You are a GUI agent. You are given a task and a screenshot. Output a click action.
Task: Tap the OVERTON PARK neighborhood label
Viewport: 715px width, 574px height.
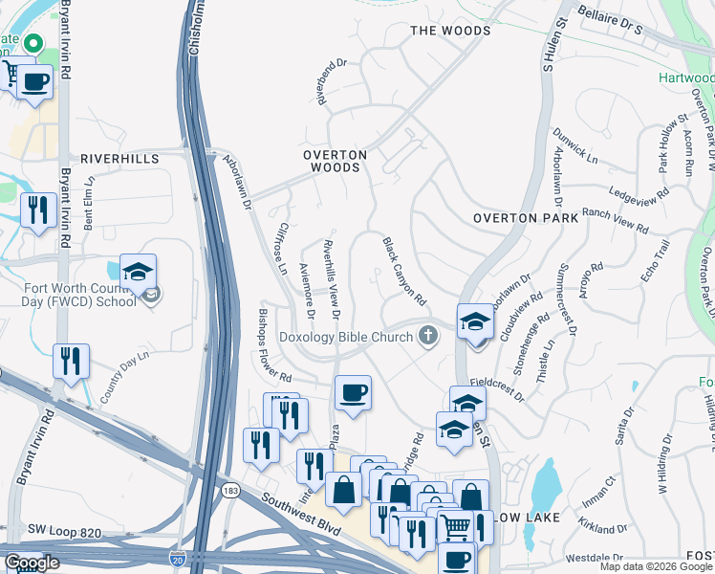[x=526, y=218]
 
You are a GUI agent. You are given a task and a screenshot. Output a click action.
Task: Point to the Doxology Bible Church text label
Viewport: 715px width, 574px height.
[x=345, y=336]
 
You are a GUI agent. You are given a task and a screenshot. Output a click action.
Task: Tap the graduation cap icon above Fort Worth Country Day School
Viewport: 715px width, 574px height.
[x=138, y=270]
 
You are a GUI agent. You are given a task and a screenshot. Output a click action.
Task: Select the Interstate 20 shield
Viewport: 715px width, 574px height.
[x=177, y=557]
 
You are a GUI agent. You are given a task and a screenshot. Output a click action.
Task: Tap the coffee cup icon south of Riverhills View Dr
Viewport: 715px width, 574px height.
[x=353, y=391]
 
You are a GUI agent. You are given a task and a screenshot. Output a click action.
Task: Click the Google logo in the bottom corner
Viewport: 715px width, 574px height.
[x=32, y=563]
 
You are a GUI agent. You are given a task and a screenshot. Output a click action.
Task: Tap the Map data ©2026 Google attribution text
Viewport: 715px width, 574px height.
[x=655, y=566]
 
